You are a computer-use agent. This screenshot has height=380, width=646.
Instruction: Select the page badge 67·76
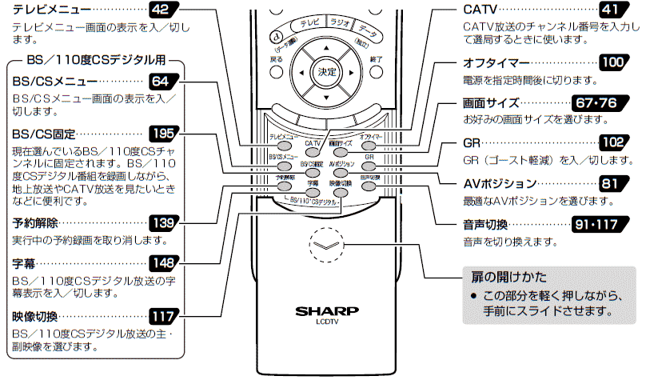(596, 103)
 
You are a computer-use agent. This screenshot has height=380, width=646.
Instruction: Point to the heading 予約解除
(35, 222)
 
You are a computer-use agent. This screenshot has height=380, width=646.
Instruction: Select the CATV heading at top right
(481, 10)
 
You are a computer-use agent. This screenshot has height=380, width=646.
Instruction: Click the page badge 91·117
(597, 223)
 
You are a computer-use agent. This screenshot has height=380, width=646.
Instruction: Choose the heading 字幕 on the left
(24, 262)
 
